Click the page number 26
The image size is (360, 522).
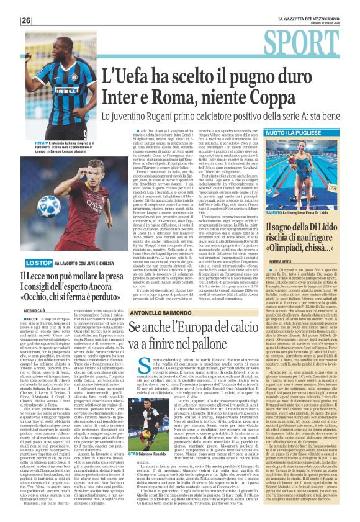point(25,20)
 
